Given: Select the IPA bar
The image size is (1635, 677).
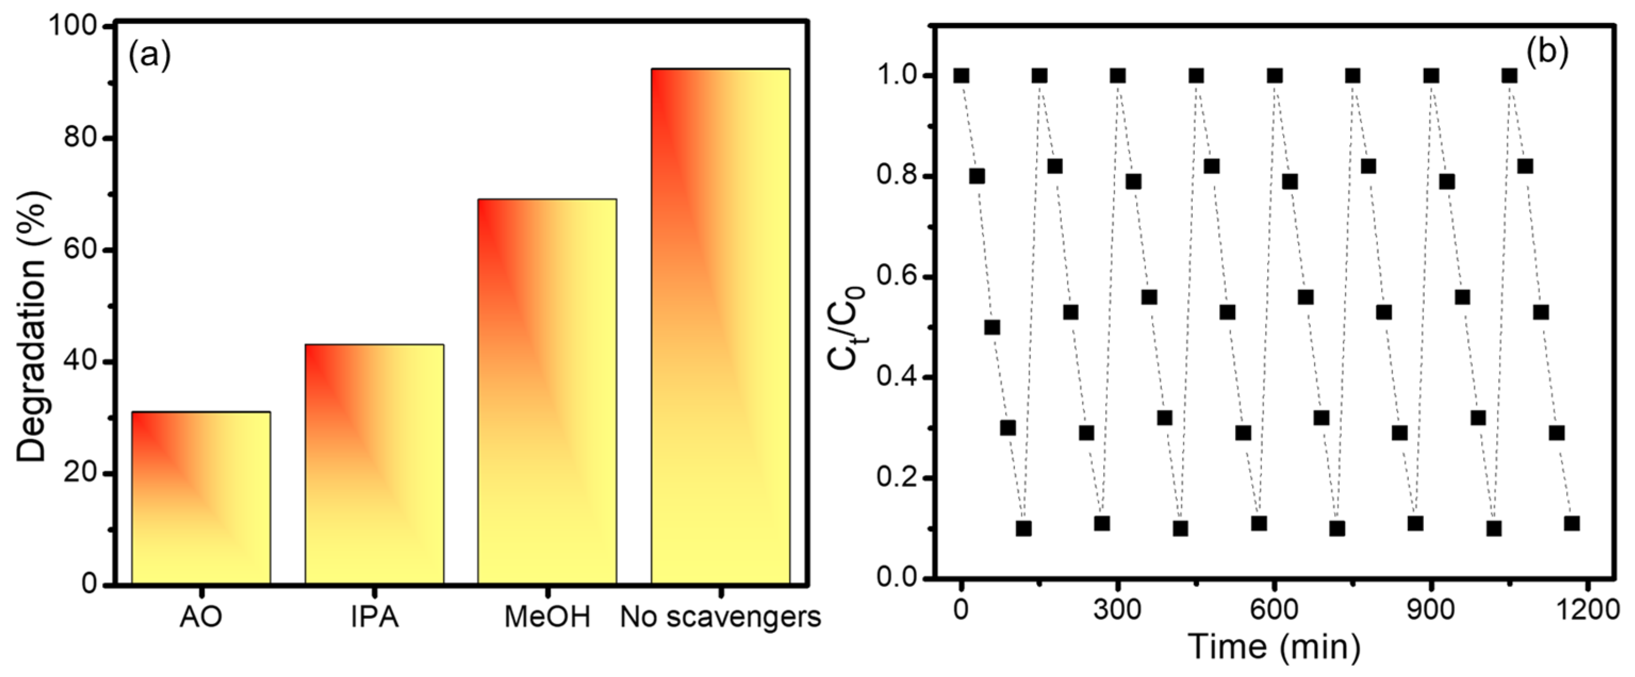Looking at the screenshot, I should point(375,464).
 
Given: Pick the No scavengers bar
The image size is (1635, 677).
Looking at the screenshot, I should point(721,326).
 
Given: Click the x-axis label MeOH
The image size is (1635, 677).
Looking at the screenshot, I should point(547,617).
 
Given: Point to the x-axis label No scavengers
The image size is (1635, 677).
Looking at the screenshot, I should point(721,617).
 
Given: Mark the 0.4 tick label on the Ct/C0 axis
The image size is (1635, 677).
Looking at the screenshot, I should point(896,378).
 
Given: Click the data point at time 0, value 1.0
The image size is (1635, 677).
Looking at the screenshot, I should point(962,76).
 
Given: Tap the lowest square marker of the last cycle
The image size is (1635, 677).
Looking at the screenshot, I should point(1572,523).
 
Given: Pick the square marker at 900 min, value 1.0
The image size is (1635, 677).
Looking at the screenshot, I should point(1431,76).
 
